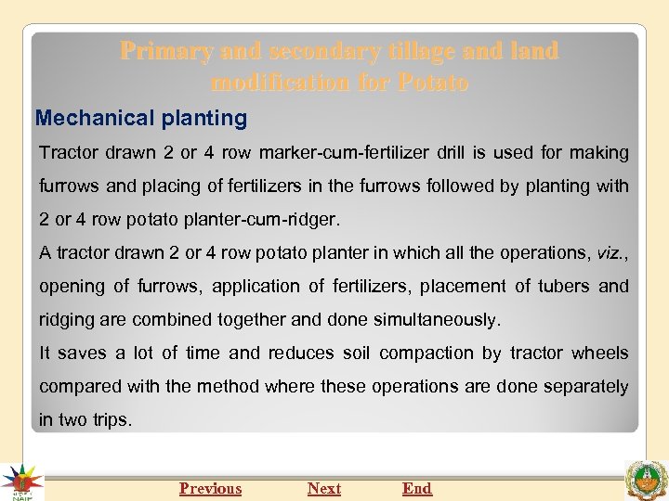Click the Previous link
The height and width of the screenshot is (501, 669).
point(210,488)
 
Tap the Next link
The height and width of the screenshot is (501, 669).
point(324,488)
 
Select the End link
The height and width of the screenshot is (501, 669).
point(417,488)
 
